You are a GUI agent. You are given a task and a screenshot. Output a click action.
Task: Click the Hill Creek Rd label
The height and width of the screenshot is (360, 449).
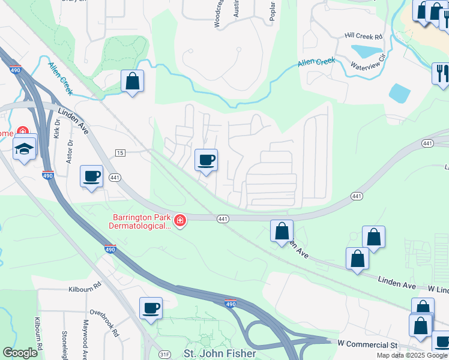[364, 37]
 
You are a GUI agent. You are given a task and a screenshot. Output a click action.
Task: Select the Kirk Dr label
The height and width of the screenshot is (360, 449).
[58, 128]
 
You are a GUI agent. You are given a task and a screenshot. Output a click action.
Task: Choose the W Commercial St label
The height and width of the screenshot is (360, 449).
[368, 344]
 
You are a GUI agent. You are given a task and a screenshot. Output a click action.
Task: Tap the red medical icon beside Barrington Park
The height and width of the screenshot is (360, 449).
[179, 222]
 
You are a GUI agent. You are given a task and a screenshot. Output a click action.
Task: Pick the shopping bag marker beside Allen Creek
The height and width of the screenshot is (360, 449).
[132, 81]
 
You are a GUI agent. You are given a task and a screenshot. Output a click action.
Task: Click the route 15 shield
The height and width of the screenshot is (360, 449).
[120, 154]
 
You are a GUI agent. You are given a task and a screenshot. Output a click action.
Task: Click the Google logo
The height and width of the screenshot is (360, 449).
[20, 353]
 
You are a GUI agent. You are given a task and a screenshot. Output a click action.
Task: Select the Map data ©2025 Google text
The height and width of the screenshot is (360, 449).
[412, 355]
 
